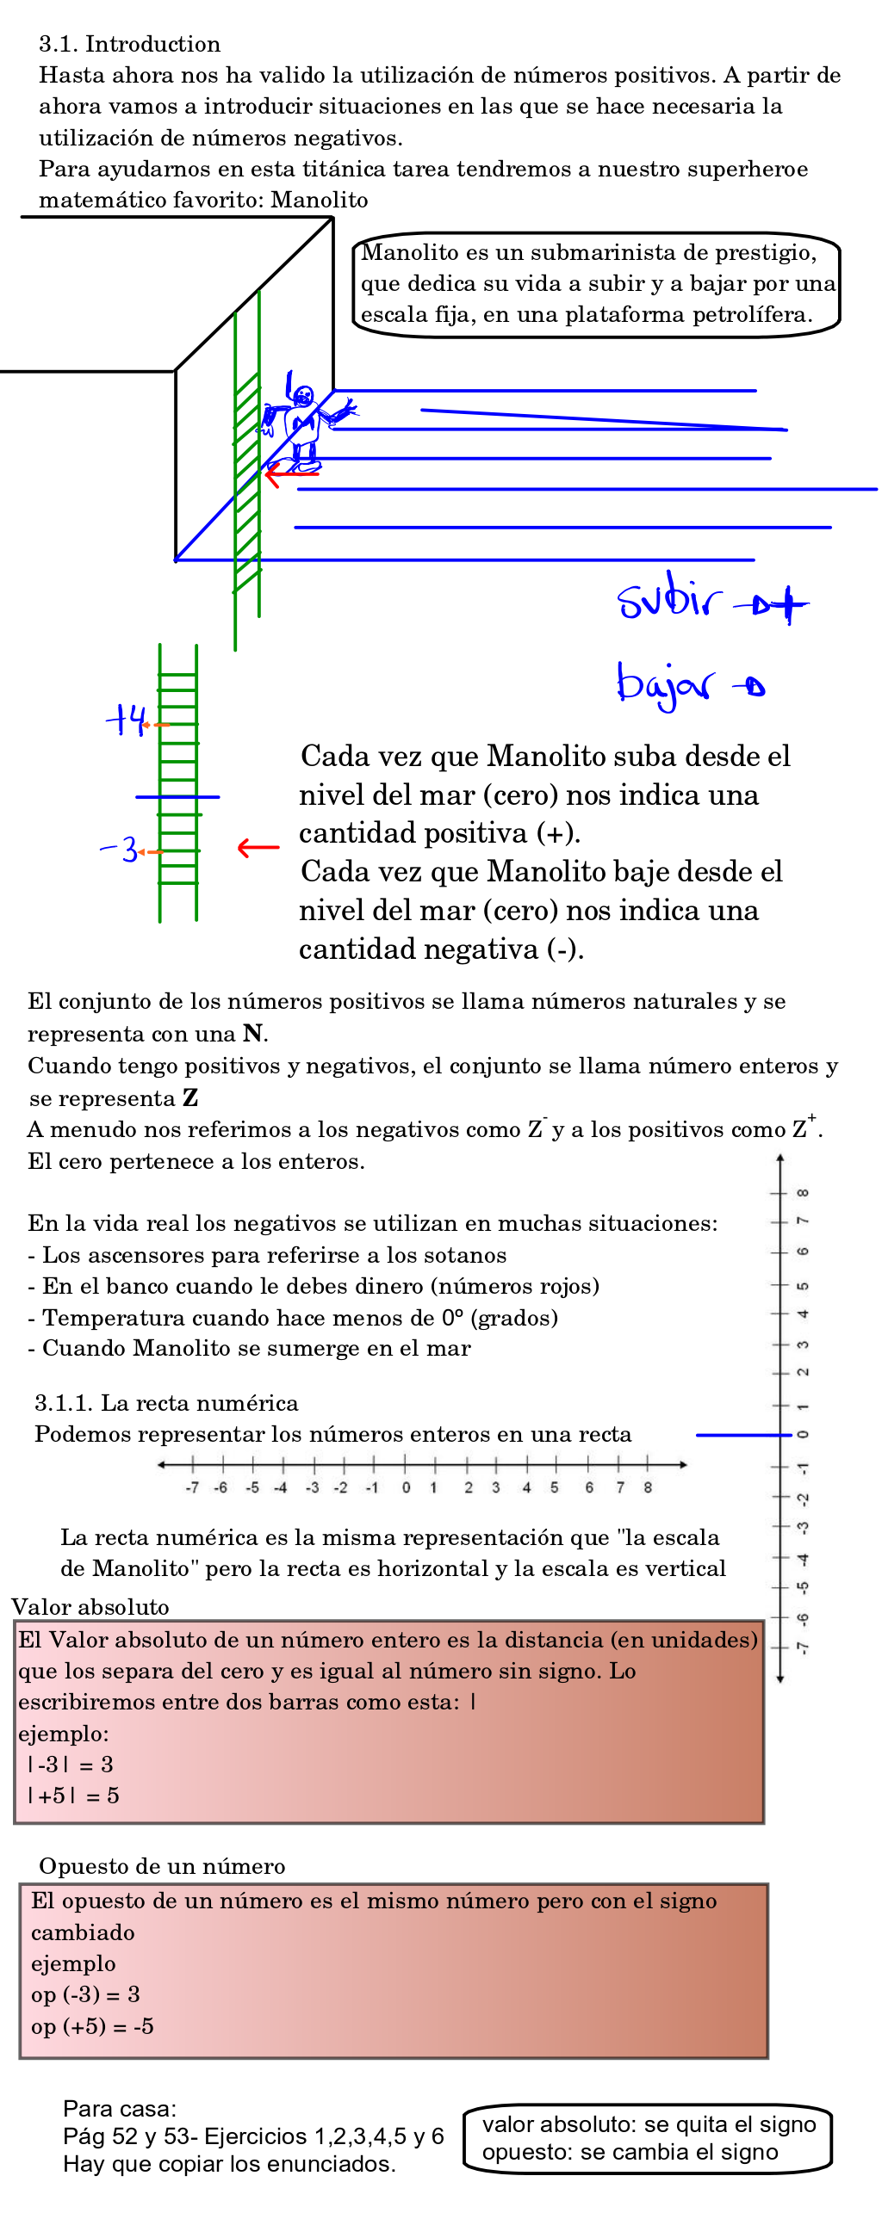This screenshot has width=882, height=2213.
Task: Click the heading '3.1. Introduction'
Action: point(129,44)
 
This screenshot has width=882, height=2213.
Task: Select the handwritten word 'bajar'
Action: point(664,685)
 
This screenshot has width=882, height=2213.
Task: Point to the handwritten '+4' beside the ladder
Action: point(126,720)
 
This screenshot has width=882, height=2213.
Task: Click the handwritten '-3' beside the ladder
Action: point(120,850)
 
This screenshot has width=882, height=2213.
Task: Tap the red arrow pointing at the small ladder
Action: point(258,848)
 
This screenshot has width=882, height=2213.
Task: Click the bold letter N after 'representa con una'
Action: point(252,1033)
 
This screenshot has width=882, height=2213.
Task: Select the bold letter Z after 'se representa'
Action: point(190,1098)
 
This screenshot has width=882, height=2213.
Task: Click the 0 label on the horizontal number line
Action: point(406,1487)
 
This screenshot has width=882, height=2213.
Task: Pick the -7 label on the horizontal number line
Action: point(192,1487)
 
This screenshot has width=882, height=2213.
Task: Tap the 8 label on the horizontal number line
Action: point(648,1487)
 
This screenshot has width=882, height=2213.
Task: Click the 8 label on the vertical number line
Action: point(803,1193)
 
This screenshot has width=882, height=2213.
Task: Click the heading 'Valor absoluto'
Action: point(90,1607)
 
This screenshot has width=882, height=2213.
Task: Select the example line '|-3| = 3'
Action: point(71,1764)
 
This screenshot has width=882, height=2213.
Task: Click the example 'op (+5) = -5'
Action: point(92,2026)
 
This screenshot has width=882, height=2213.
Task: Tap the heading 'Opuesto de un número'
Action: point(162,1866)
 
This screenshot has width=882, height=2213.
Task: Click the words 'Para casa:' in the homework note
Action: point(120,2109)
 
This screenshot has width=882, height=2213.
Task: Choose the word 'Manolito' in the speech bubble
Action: point(410,252)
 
